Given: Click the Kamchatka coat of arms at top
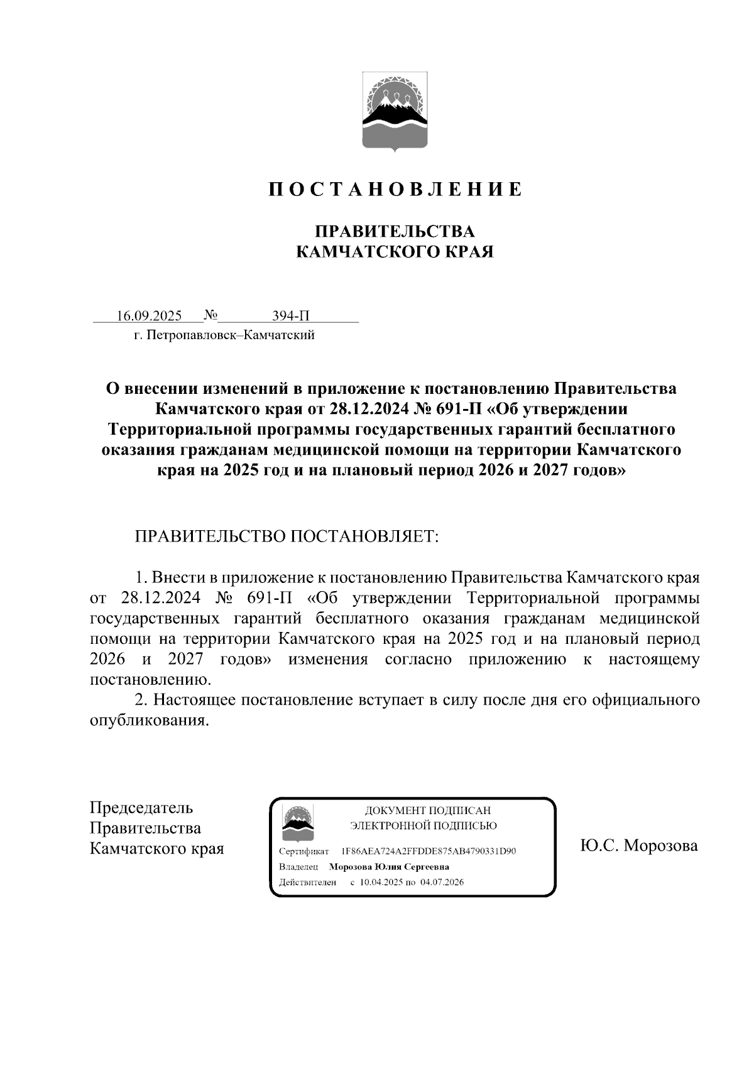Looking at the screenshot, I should (395, 112).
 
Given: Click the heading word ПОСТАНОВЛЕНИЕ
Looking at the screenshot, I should (395, 190).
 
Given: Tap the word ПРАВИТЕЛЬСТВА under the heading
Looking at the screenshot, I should (395, 232).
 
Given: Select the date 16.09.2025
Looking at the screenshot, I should (149, 315).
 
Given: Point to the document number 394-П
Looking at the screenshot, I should (290, 315).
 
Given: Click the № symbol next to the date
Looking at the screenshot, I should (210, 314).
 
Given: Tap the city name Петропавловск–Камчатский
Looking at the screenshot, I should (230, 335).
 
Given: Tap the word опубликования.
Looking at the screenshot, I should (148, 721).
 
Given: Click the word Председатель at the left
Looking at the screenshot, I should (141, 808).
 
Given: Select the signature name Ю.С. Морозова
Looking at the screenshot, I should (638, 846).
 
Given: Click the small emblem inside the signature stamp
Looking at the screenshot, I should (298, 823).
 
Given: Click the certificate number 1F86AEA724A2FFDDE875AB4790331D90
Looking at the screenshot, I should (428, 852).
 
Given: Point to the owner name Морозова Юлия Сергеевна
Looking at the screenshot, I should (389, 867).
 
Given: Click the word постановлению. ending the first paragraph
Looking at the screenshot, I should (151, 680).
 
